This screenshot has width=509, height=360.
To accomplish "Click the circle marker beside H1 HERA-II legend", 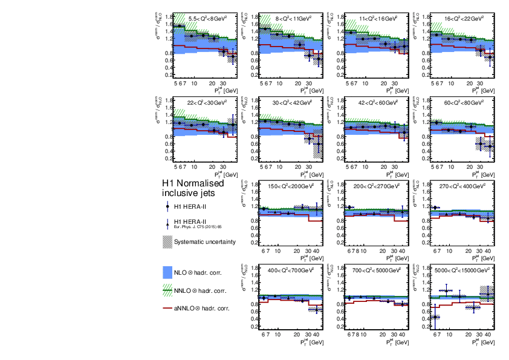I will click(x=167, y=206).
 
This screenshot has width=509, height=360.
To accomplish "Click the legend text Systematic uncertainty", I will click(x=204, y=242).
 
